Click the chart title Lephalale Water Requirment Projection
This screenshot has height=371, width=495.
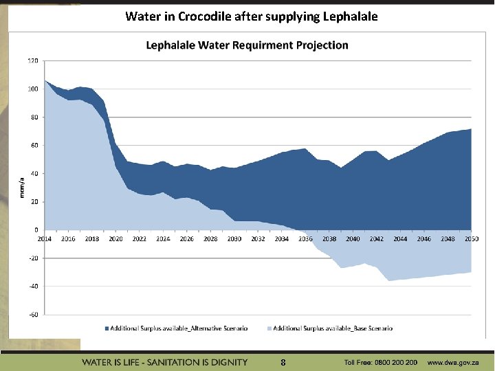click(x=247, y=45)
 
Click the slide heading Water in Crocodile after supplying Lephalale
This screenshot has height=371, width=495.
click(x=252, y=16)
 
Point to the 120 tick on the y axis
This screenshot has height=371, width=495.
click(x=33, y=60)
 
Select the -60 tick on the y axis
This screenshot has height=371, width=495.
click(x=33, y=314)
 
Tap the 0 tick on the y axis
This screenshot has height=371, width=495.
click(x=36, y=229)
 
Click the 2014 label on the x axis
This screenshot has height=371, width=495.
click(x=45, y=239)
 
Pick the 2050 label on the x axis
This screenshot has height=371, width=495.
click(x=471, y=239)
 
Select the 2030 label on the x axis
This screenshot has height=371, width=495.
click(x=234, y=239)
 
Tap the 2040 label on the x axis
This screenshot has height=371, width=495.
click(x=353, y=239)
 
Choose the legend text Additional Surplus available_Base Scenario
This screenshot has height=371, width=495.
click(x=333, y=328)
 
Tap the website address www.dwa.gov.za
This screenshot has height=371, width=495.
click(x=456, y=362)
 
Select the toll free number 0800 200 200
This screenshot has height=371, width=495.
click(x=395, y=362)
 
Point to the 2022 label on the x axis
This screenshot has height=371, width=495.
click(x=140, y=239)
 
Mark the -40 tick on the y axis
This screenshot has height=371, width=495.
click(x=33, y=286)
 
